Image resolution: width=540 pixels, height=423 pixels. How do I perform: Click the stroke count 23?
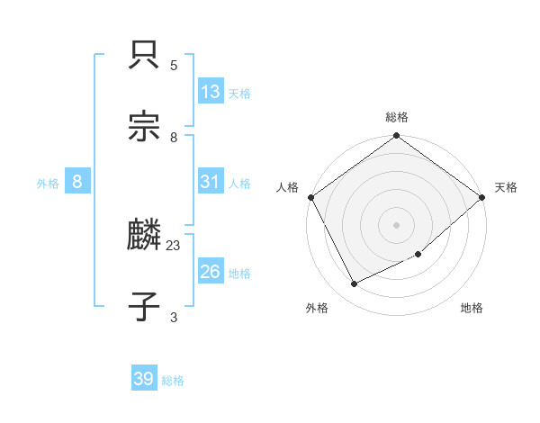[x=174, y=244]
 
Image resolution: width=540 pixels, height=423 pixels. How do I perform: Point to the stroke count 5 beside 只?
[x=174, y=65]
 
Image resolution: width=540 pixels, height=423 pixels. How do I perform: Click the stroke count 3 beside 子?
[x=174, y=317]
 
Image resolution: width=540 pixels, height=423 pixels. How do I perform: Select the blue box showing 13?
[x=211, y=92]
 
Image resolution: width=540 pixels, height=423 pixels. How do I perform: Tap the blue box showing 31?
[x=211, y=182]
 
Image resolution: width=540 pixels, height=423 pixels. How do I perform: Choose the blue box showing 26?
[x=211, y=271]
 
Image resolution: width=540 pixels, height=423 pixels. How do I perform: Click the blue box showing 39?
[x=144, y=379]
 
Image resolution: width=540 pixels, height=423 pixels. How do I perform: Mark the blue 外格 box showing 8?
[x=77, y=182]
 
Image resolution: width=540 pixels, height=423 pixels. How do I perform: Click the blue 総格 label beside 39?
[x=173, y=381]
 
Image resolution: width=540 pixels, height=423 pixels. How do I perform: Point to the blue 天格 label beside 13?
[x=239, y=94]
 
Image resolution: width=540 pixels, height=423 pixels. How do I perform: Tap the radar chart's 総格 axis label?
[x=397, y=117]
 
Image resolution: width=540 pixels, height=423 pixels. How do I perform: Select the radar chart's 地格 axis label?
[x=472, y=308]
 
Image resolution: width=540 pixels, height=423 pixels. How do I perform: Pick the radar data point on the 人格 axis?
[x=310, y=197]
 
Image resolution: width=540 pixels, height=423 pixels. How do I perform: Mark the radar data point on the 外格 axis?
[x=355, y=284]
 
